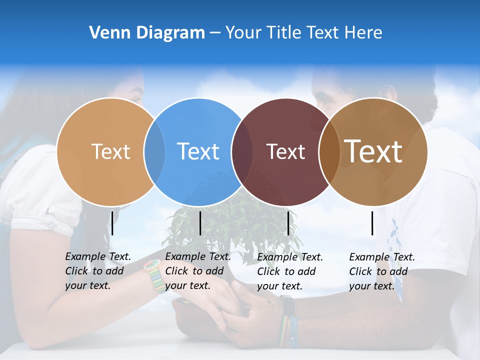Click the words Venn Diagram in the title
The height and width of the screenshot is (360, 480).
pos(146,32)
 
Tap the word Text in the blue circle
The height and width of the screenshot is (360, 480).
pos(198,151)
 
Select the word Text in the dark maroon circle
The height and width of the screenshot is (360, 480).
pos(285,151)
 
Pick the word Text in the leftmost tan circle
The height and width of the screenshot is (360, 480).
pos(110,151)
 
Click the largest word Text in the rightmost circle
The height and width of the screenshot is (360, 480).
pos(373,150)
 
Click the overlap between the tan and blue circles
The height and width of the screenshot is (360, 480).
pos(154,151)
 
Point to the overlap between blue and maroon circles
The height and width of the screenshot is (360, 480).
pos(242,151)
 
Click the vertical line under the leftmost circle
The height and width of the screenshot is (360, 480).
pos(112,223)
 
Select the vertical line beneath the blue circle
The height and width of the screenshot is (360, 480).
pos(200,223)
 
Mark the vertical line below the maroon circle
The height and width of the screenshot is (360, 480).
pos(288,223)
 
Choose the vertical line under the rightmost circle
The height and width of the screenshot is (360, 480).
pos(372,223)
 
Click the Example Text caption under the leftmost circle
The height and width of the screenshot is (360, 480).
pos(97,271)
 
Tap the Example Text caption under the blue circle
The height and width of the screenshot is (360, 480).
pos(197,271)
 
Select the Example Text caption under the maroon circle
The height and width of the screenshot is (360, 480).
pos(289,271)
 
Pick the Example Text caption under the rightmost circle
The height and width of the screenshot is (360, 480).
pos(381,271)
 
